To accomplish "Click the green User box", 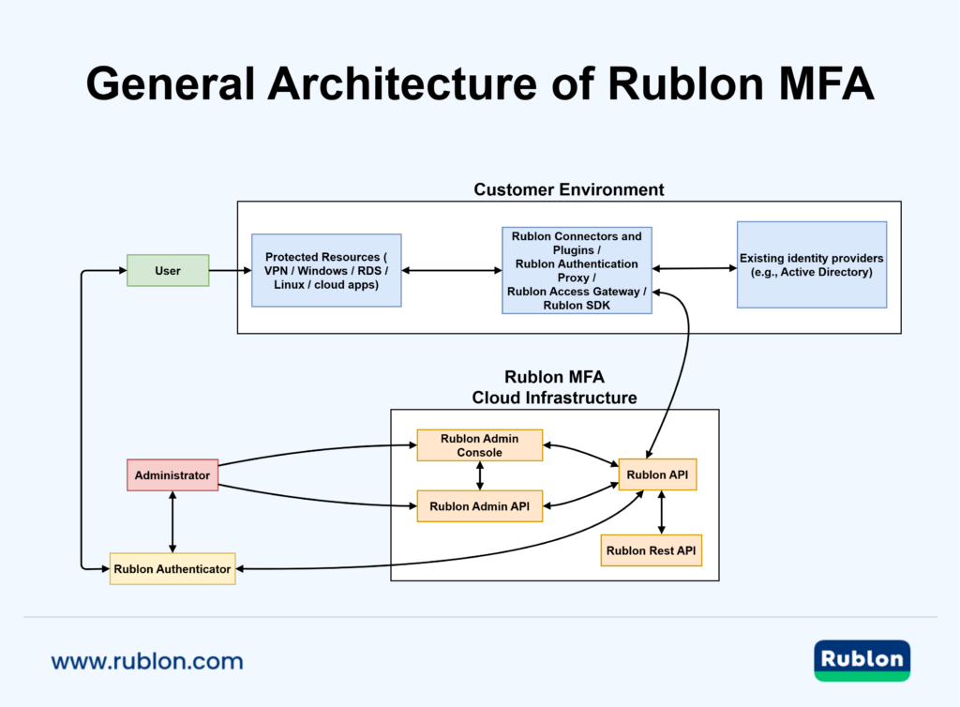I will (168, 271).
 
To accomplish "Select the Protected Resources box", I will (326, 271).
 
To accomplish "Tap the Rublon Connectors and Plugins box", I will (577, 270).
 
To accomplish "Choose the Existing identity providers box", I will (811, 264).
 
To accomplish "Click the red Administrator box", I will (172, 475).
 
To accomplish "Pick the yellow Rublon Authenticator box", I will (172, 568).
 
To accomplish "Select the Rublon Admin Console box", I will (479, 445).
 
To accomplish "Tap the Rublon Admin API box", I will (479, 506).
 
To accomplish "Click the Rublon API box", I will (657, 474).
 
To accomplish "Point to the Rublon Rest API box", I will (651, 550).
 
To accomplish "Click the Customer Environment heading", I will (568, 189).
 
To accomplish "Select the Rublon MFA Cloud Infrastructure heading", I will (554, 387).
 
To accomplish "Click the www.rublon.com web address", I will (147, 661).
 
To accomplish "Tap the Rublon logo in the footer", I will (862, 659).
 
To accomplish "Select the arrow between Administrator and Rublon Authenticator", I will (172, 521).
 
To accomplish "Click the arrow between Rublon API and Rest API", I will (663, 512).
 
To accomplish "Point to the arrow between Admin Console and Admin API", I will (480, 476).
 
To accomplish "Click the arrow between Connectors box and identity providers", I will (694, 269).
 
